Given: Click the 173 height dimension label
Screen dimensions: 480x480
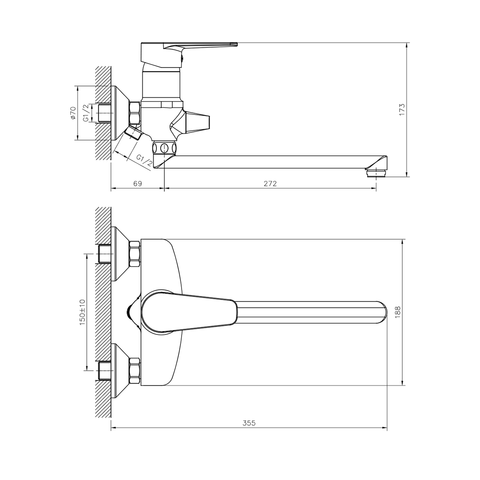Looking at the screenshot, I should pos(402,109).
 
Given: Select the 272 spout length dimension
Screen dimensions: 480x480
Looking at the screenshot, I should pos(270,184).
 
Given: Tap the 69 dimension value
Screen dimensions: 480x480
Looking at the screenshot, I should pos(137,184).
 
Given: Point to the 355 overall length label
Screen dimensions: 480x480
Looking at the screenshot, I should pos(249,423).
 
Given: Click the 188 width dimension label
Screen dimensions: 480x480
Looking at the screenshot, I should pos(397,312).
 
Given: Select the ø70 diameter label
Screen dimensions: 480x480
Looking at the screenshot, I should pos(73,113).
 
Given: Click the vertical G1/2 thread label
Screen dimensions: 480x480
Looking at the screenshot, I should pos(85,113).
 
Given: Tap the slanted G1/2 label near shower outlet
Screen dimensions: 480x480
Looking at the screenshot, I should pos(144,160).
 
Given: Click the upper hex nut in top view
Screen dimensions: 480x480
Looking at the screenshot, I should pos(134,254).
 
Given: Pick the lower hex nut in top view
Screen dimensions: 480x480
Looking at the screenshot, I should pos(134,370).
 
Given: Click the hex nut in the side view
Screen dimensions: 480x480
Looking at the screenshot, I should pos(134,113).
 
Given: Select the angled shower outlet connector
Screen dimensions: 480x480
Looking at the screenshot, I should pos(133,132).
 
